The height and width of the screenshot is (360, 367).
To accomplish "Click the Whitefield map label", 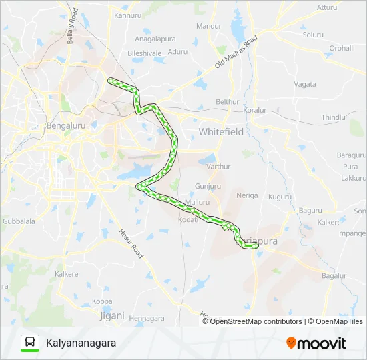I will (221, 132).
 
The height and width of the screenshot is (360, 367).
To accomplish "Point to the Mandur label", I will (209, 26).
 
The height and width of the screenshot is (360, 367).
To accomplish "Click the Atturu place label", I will (327, 7).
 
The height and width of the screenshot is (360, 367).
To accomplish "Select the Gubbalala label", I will (18, 220).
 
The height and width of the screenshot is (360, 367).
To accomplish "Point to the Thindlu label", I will (334, 117).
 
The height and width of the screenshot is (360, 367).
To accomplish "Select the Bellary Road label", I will (73, 27).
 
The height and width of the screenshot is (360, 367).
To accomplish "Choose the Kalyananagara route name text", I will (81, 343).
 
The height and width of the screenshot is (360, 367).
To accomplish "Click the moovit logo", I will (316, 343).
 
